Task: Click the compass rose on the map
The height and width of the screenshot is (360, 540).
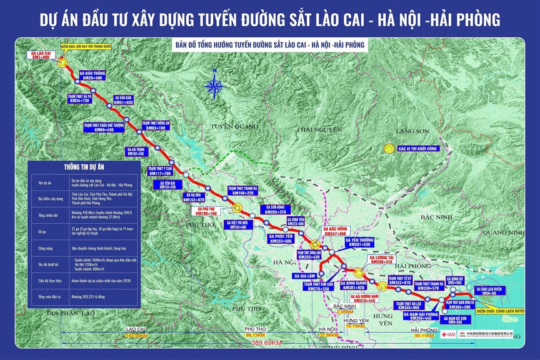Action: [214, 86]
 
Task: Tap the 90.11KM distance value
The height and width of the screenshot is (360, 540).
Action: [427, 336]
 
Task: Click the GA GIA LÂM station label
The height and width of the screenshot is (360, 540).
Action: [305, 276]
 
